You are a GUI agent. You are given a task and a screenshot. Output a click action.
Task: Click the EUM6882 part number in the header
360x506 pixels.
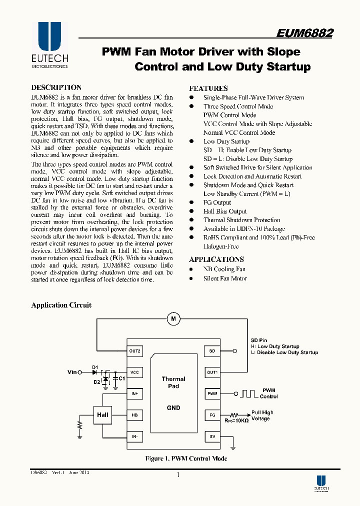click(304, 33)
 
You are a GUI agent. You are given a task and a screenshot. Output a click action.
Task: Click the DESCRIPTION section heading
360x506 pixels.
click(56, 87)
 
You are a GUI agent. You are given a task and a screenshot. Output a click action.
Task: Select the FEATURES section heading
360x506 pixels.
click(208, 88)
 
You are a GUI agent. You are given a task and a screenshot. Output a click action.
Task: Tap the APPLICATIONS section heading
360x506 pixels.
click(216, 259)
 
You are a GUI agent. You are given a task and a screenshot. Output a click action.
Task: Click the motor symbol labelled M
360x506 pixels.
click(173, 318)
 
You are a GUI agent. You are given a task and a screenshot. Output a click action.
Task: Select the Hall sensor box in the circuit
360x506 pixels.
click(102, 415)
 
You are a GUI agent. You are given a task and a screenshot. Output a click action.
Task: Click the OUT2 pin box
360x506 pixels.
click(134, 351)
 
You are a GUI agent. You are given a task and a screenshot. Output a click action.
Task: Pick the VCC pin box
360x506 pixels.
click(134, 372)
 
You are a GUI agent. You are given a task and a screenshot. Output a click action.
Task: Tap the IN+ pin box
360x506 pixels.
click(134, 394)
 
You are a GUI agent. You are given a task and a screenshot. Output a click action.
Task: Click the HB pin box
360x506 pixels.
click(134, 415)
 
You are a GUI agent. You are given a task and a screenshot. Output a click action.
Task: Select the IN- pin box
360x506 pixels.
click(134, 436)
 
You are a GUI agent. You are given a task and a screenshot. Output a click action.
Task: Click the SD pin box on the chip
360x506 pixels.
click(212, 351)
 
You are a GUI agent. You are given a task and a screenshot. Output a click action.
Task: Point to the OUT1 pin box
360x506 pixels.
click(212, 372)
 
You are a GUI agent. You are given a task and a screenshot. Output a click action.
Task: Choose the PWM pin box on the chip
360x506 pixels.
click(212, 394)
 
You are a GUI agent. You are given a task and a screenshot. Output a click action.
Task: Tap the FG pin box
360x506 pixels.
click(212, 415)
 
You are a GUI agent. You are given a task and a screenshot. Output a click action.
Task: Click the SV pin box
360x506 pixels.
click(212, 436)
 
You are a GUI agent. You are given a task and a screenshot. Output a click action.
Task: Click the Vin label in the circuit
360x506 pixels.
click(72, 372)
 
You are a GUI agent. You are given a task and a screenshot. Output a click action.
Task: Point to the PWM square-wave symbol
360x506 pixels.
click(249, 393)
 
